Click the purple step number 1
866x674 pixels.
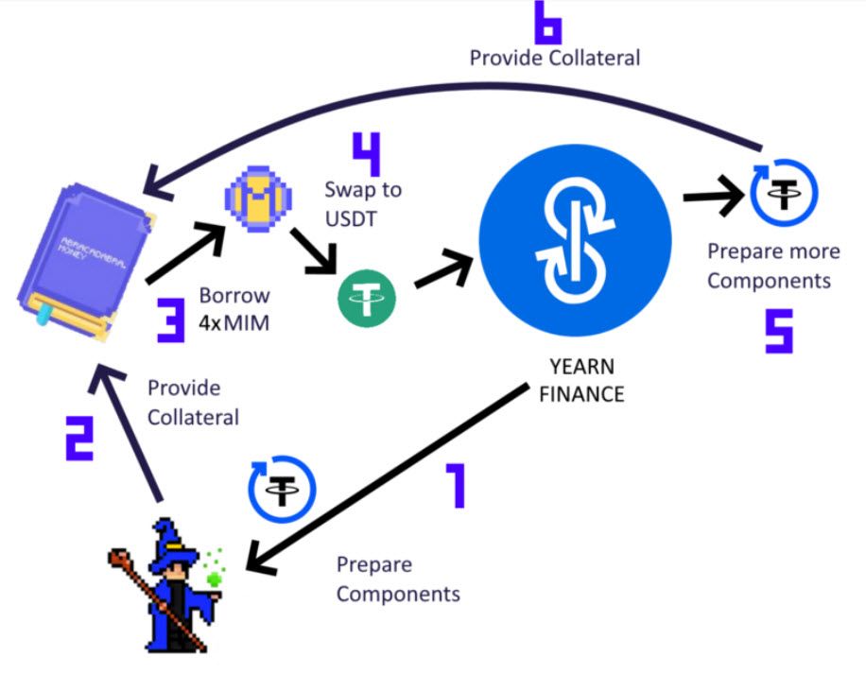458,485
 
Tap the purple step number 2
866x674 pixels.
79,439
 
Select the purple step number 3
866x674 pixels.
171,320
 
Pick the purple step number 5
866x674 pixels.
779,331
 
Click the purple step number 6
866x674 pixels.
548,23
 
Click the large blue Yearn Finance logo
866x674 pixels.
575,240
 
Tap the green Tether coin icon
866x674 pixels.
367,299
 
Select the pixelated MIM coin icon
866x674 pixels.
258,199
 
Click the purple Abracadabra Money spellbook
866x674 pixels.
86,262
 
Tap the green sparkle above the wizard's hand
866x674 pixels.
215,567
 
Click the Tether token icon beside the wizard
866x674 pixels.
282,489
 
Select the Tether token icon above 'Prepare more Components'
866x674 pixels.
783,193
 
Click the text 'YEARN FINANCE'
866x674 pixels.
581,380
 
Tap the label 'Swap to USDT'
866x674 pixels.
363,204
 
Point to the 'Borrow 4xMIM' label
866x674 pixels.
234,309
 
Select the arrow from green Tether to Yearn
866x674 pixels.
443,270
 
